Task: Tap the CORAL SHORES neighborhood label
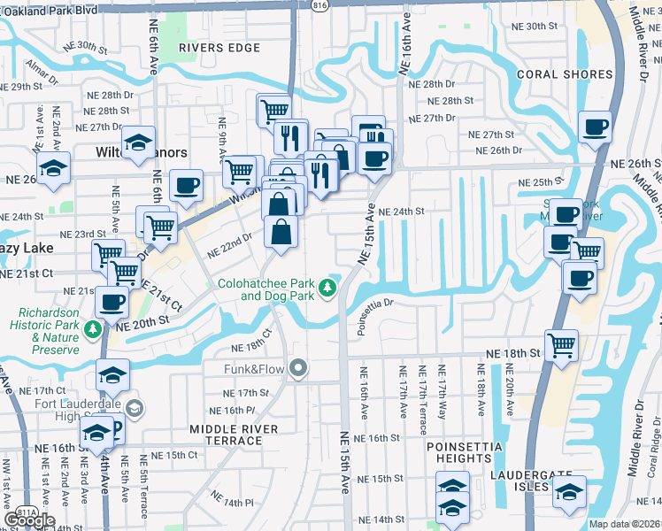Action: (x=566, y=75)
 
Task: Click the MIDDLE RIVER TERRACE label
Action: (x=234, y=435)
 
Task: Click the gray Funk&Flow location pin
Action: (x=299, y=366)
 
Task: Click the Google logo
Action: (x=29, y=520)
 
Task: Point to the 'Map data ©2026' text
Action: (x=624, y=524)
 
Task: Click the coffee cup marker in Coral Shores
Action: (x=595, y=126)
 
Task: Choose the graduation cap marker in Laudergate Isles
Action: (x=569, y=490)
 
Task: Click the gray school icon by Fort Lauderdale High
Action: (x=134, y=408)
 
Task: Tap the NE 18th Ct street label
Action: (x=249, y=346)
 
